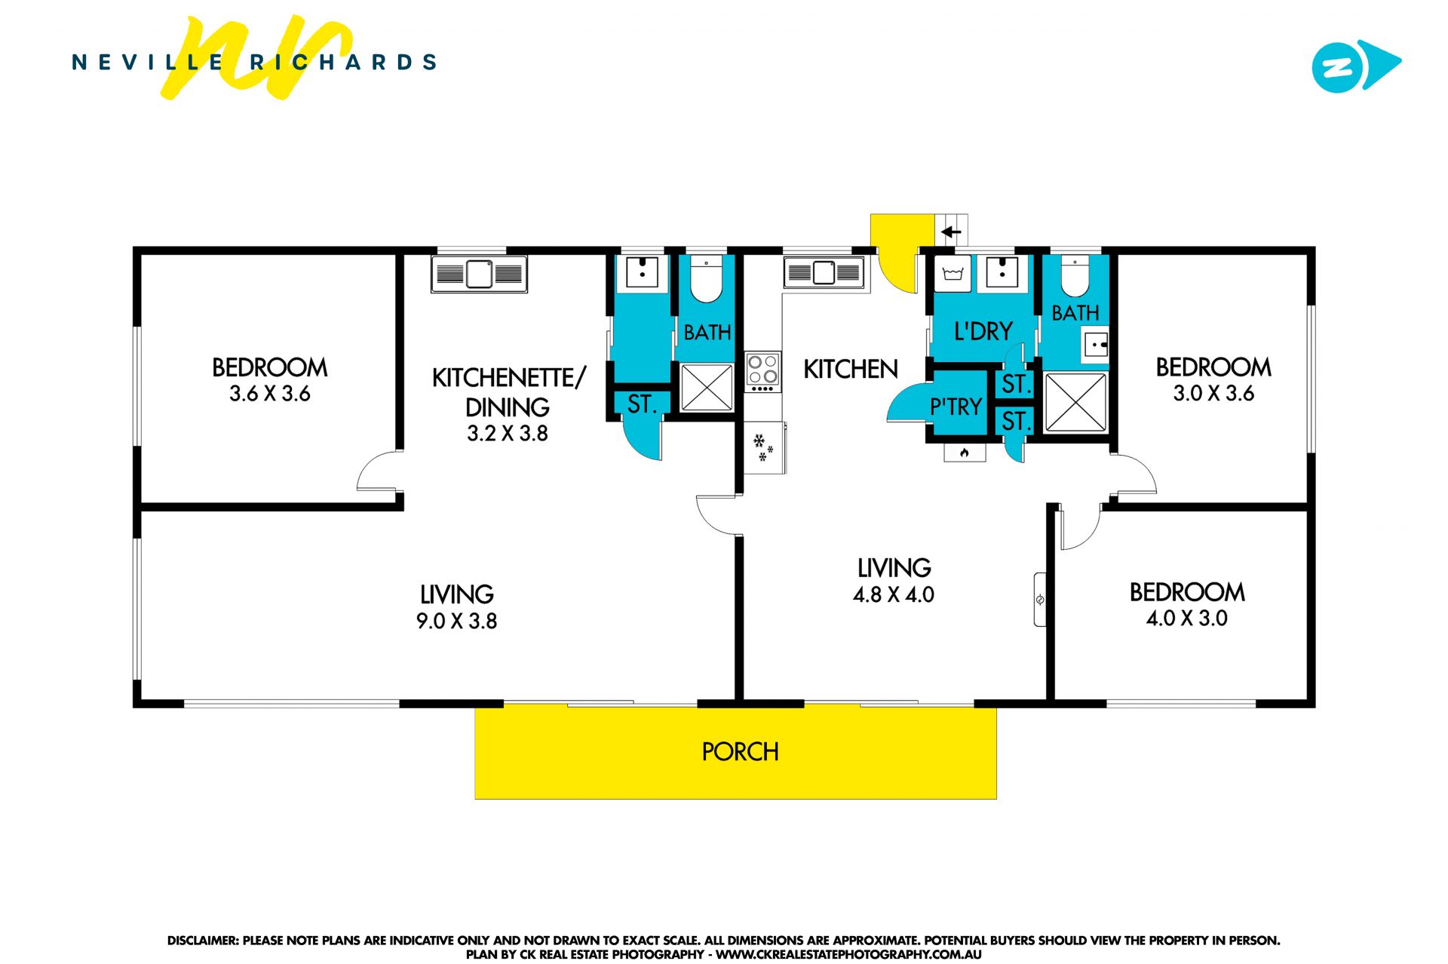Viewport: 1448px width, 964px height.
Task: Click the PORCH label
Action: pos(740,751)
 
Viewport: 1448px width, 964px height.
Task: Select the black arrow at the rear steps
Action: pos(952,232)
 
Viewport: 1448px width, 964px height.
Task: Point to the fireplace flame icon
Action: pos(964,453)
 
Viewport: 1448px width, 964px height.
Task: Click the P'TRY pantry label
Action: pos(956,407)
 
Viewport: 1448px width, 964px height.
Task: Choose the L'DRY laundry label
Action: pos(983,331)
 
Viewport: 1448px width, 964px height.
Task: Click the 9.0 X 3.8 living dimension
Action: pos(456,621)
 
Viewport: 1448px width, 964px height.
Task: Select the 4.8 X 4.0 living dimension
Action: pos(894,594)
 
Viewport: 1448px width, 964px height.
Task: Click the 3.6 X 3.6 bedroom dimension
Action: pos(270,393)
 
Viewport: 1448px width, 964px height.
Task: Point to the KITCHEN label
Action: pos(851,369)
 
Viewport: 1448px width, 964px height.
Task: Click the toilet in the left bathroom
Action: pos(707,278)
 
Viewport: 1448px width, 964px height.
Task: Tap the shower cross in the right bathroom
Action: pos(1075,402)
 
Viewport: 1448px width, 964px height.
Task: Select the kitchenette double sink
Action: pos(479,274)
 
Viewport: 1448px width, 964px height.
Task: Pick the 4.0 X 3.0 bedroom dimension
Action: pos(1187,619)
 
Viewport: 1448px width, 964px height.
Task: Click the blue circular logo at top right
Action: pos(1339,67)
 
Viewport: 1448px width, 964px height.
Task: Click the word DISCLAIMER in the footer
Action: pos(202,941)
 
